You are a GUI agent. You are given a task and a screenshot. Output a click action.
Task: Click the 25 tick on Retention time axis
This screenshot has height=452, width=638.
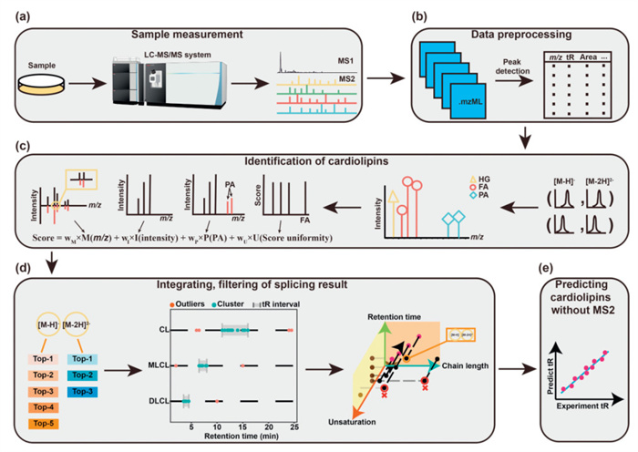pos(293,426)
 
